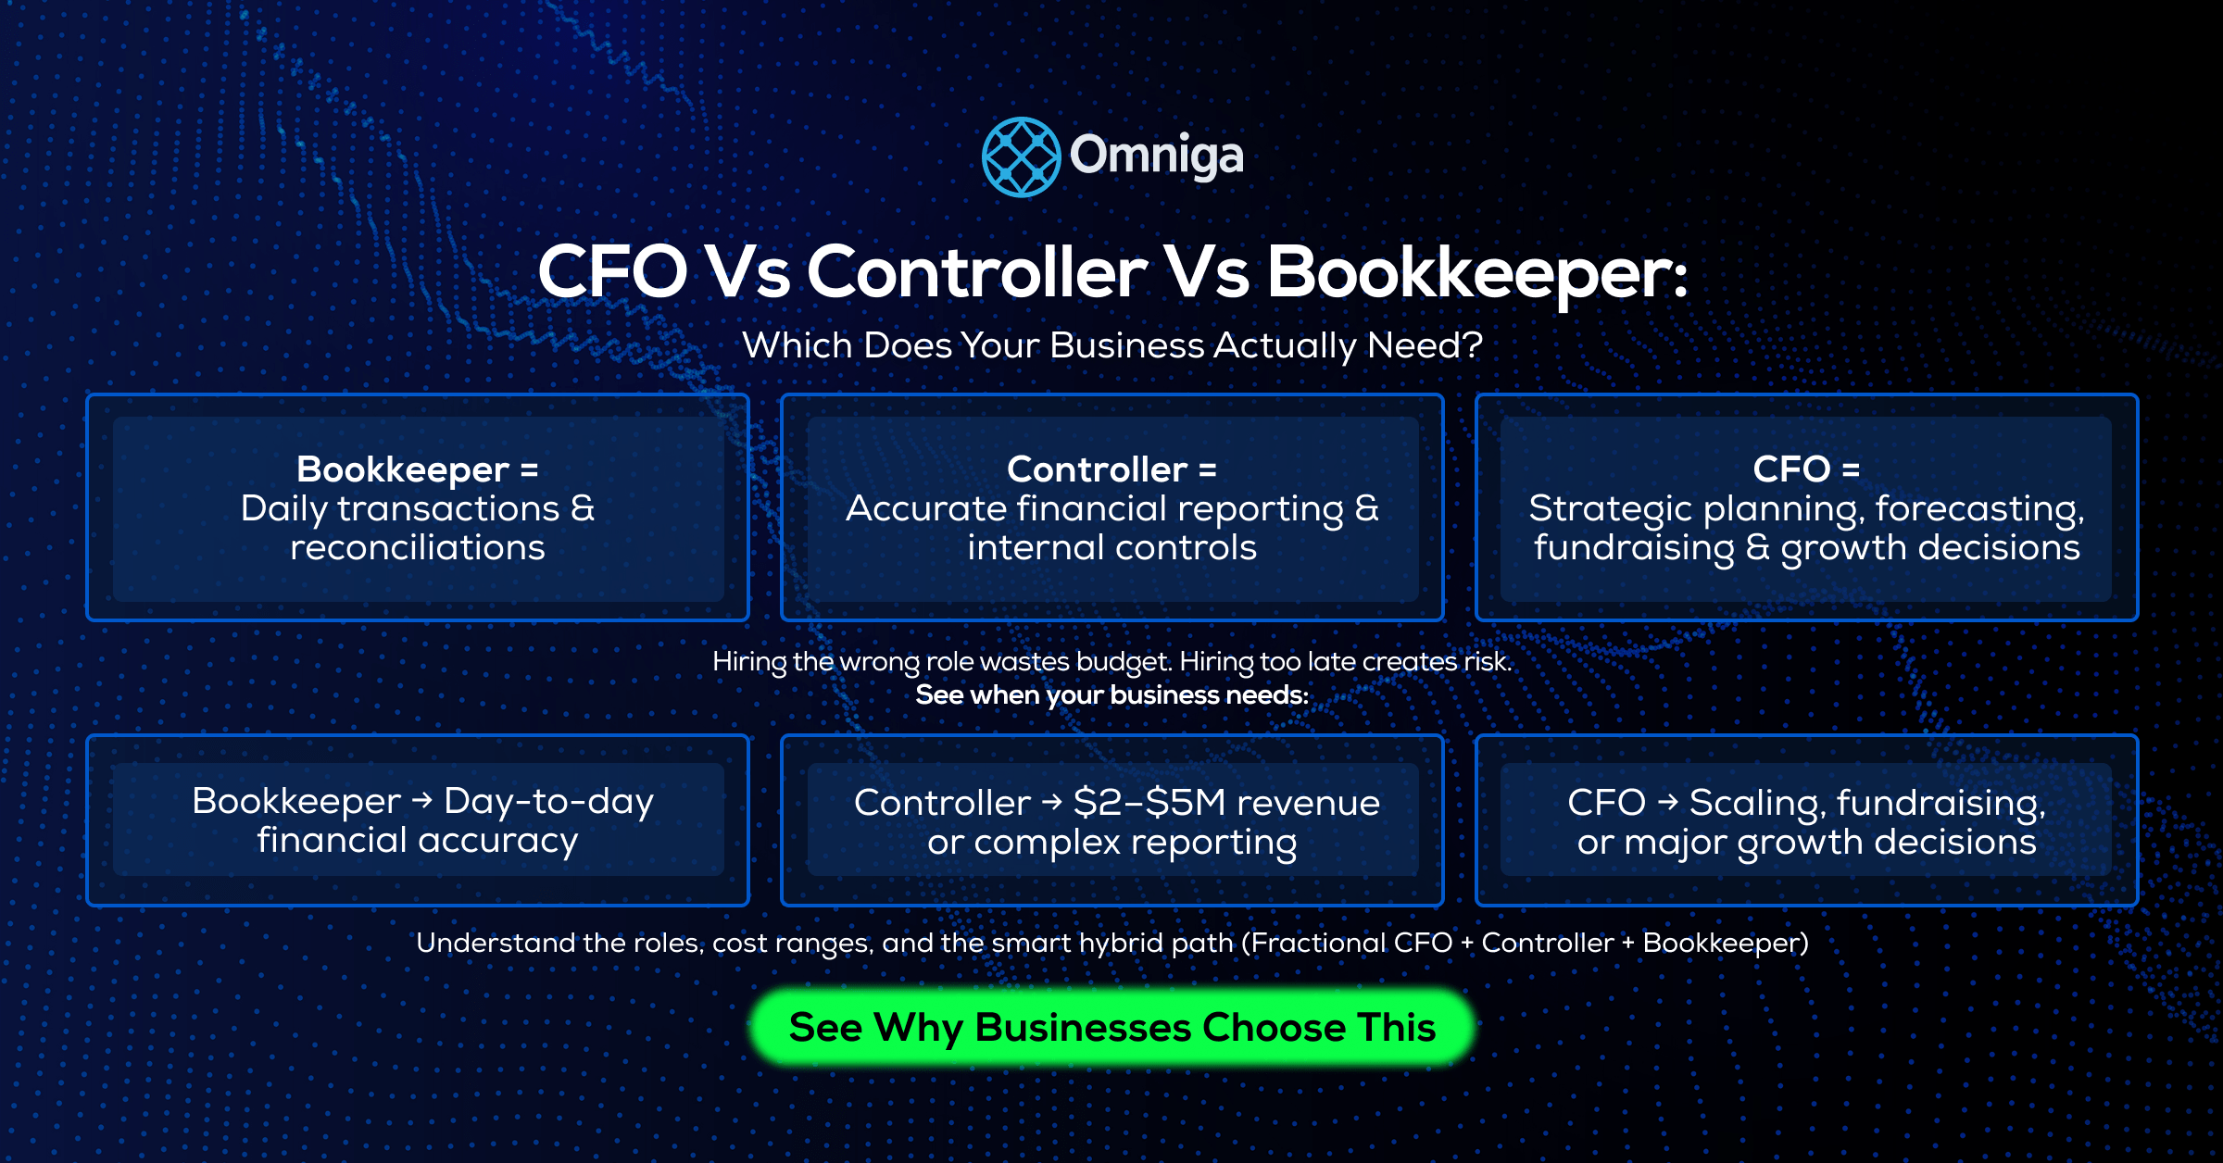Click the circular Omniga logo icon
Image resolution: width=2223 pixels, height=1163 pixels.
pos(1021,156)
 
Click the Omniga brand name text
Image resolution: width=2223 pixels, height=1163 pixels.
pos(1157,156)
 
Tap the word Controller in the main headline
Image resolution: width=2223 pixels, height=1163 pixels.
pos(977,272)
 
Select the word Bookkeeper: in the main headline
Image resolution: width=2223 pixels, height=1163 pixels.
pos(1477,274)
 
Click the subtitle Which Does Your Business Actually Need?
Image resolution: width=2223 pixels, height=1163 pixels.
pos(1112,345)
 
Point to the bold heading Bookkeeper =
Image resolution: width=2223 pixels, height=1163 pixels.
pos(418,469)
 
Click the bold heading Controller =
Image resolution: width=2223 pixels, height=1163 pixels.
pos(1112,469)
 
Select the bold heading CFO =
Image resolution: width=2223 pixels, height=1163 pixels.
pos(1806,469)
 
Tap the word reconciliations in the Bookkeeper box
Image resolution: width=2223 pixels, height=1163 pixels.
pos(418,547)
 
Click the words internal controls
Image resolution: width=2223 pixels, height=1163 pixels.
pos(1112,547)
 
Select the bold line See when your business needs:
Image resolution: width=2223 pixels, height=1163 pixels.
pos(1112,694)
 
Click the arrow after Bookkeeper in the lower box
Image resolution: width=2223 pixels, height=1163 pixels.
pos(422,800)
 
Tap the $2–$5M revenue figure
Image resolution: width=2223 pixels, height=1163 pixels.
pos(1226,802)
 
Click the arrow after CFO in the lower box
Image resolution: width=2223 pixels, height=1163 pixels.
pos(1667,802)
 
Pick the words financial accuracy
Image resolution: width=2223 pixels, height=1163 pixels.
pos(418,841)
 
